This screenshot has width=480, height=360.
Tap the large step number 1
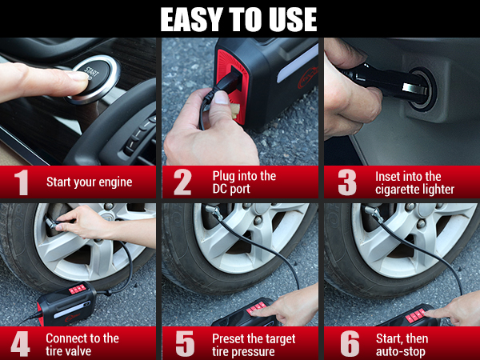(22, 182)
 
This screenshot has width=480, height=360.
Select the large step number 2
(182, 182)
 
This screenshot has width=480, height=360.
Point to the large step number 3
(346, 182)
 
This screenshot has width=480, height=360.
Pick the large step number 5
(184, 344)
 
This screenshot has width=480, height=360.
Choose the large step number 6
(349, 344)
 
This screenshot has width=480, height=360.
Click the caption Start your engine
(89, 182)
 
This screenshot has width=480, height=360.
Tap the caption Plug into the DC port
(244, 182)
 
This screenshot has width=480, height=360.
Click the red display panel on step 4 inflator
(78, 289)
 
